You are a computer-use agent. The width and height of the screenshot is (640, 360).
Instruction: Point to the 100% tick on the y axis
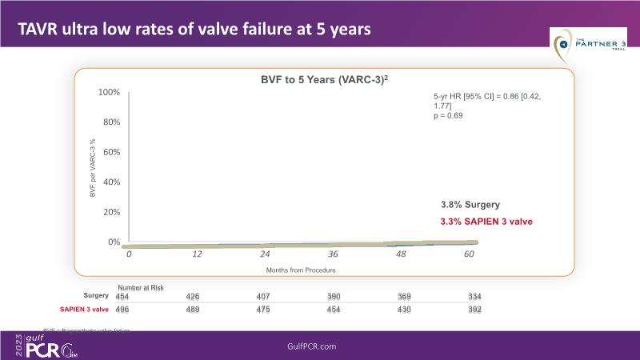108,93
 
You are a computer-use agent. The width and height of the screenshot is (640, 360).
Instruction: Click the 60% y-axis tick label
110,152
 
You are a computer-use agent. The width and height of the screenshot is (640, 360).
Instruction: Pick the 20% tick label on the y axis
110,212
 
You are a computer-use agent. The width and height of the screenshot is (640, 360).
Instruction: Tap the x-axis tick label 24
264,254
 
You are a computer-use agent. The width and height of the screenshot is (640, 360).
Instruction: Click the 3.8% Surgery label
471,204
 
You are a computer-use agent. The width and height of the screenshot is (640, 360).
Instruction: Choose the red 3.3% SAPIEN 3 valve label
486,221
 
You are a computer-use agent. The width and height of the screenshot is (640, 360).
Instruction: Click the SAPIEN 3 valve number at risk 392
474,310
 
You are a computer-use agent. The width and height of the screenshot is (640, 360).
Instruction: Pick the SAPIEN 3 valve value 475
264,310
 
